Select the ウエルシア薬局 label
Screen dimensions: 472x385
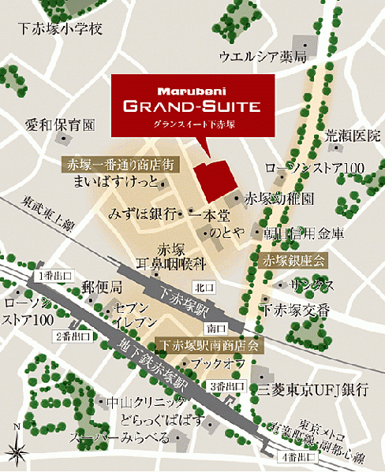pyautogui.click(x=262, y=57)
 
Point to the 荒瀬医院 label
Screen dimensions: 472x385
pyautogui.click(x=353, y=136)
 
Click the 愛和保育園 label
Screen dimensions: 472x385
pyautogui.click(x=59, y=125)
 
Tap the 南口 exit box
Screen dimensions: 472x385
pyautogui.click(x=211, y=325)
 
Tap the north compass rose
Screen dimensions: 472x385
pyautogui.click(x=16, y=448)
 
